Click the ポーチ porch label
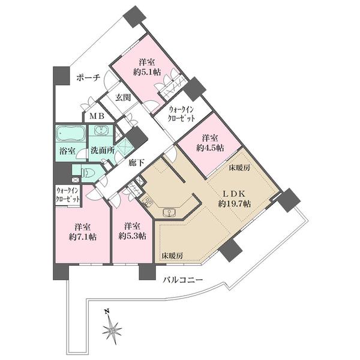point(88,78)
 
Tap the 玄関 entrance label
point(123,98)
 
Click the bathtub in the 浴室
point(71,134)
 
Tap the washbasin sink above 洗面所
point(100,130)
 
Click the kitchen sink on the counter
point(169,212)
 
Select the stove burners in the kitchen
point(147,203)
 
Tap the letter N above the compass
point(107,312)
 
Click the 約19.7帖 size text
point(235,204)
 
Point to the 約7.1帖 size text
point(82,237)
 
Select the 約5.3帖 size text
point(132,236)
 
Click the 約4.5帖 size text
point(210,148)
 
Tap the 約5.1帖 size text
point(147,72)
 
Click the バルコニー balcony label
point(183,280)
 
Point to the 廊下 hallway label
point(136,163)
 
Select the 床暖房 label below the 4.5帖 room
point(239,168)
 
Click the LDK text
point(235,194)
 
